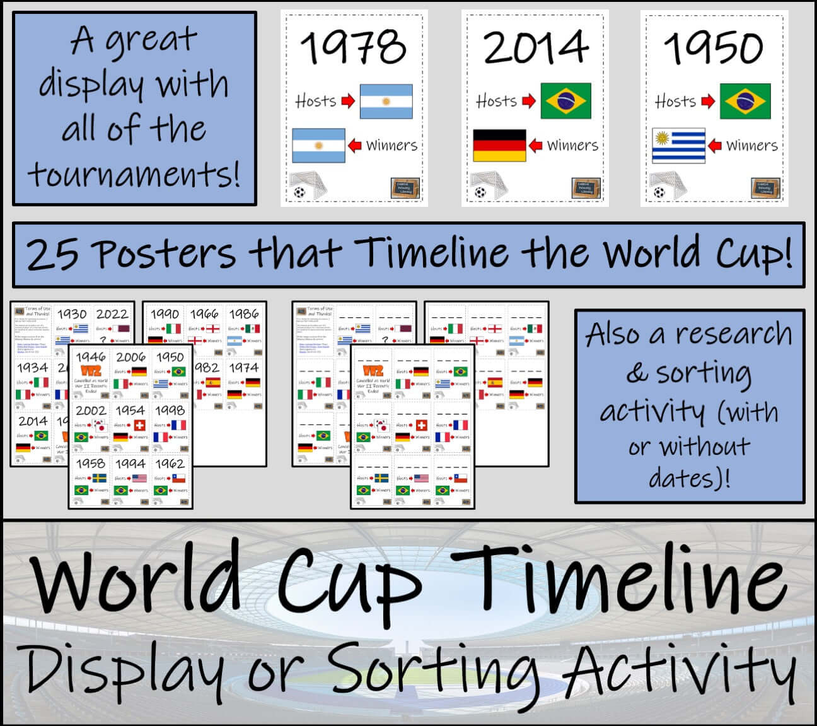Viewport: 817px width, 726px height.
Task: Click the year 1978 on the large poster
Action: coord(353,47)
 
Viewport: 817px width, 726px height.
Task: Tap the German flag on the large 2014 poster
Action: coord(499,145)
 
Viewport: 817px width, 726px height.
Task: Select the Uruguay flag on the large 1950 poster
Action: coord(678,145)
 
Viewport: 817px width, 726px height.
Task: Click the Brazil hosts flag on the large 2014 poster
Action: coord(566,101)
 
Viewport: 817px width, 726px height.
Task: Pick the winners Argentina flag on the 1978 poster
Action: coord(318,145)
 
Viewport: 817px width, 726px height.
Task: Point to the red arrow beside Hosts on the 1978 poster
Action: coord(348,101)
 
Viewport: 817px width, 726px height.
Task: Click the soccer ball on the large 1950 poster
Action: coord(659,192)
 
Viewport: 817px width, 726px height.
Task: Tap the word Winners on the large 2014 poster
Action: coord(572,146)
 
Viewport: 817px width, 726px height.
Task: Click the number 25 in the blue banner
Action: coord(53,255)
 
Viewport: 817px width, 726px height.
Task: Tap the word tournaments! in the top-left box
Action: coord(134,175)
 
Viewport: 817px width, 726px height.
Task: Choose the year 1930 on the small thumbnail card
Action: coord(72,314)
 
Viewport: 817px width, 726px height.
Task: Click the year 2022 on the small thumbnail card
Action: coord(112,314)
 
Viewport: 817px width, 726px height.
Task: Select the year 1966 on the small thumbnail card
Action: coord(204,314)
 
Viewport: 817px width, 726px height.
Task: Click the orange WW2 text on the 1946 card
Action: coord(91,370)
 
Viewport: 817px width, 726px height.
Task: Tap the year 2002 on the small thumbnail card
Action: coord(91,411)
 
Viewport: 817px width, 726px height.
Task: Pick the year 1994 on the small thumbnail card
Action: coord(130,464)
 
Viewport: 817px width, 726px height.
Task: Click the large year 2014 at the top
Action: coord(535,47)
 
